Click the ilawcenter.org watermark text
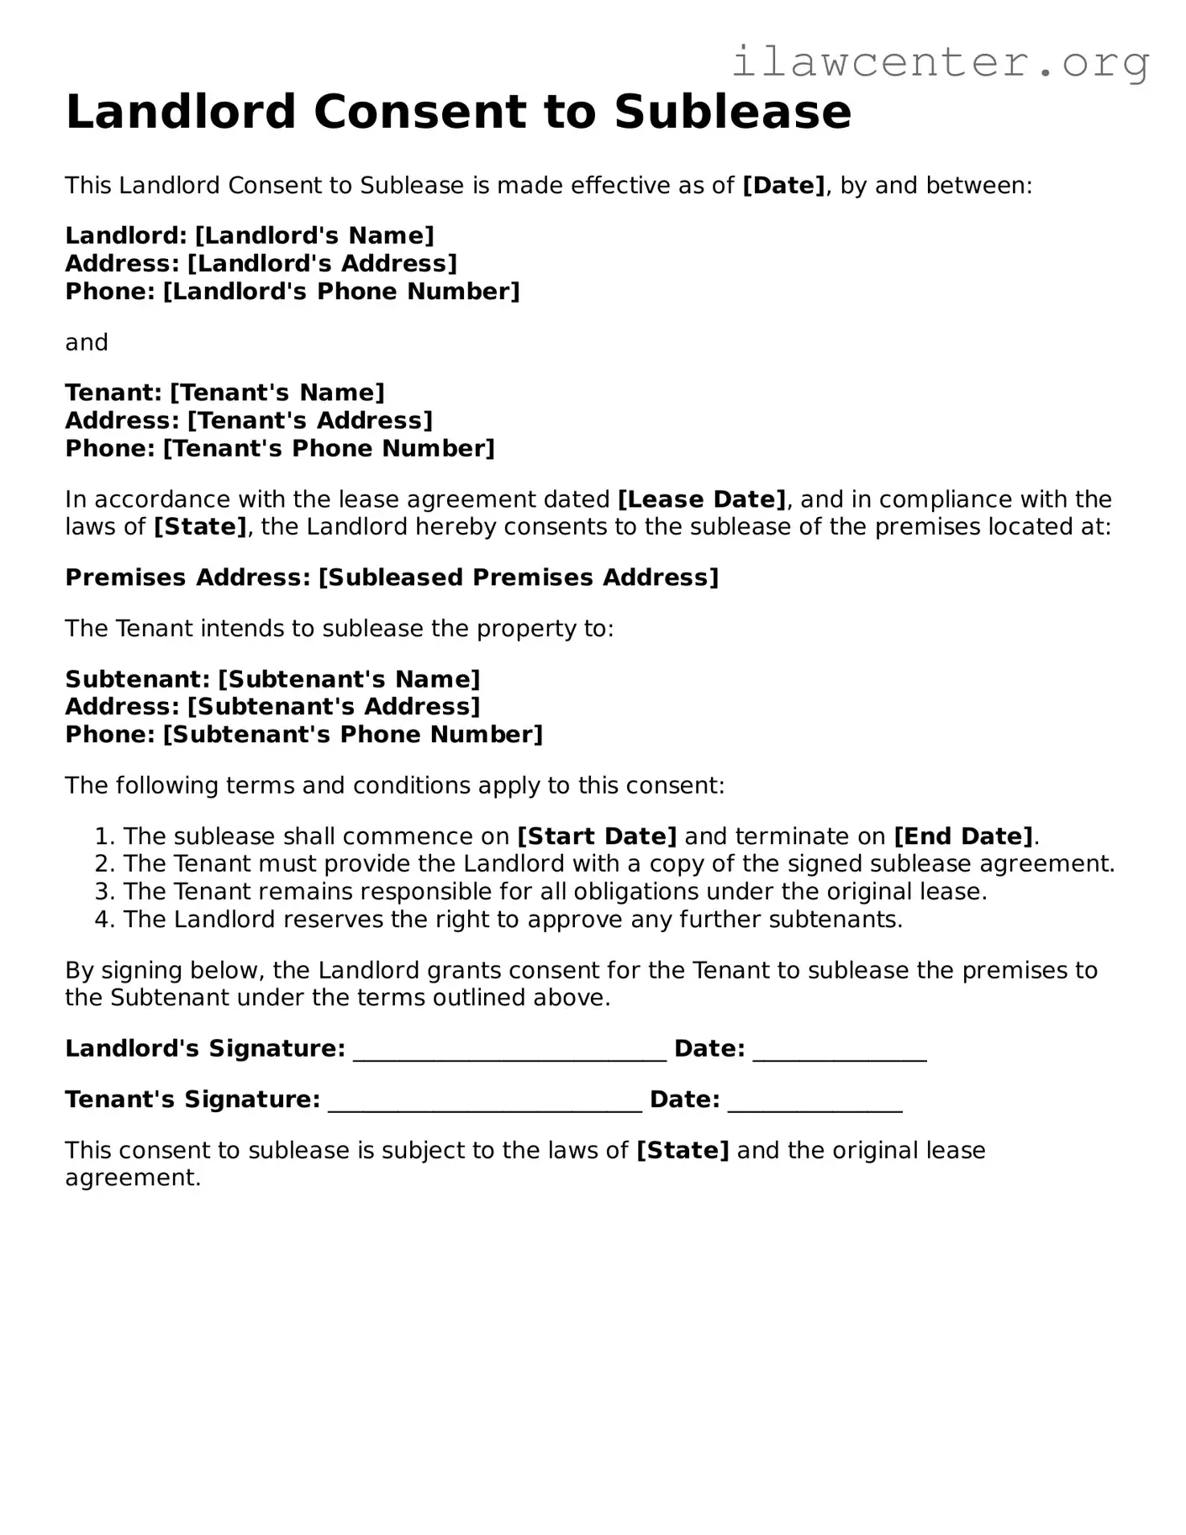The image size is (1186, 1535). [x=940, y=61]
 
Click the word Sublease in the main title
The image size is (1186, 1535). [x=732, y=112]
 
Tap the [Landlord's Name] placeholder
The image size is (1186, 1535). [x=314, y=235]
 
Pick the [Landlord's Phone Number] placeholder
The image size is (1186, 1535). [x=341, y=292]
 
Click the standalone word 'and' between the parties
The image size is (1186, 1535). [x=87, y=342]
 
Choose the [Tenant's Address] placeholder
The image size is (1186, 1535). [x=309, y=420]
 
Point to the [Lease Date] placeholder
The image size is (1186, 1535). [x=702, y=499]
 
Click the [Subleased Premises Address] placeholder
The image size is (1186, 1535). [x=519, y=578]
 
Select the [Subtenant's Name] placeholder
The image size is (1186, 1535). [x=349, y=678]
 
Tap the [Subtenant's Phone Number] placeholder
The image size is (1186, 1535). [x=353, y=735]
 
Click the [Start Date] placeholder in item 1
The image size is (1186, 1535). [x=597, y=836]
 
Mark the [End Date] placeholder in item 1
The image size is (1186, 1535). [x=963, y=836]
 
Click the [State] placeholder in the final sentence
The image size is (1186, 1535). [x=683, y=1150]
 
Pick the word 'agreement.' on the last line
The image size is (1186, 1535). [x=133, y=1178]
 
